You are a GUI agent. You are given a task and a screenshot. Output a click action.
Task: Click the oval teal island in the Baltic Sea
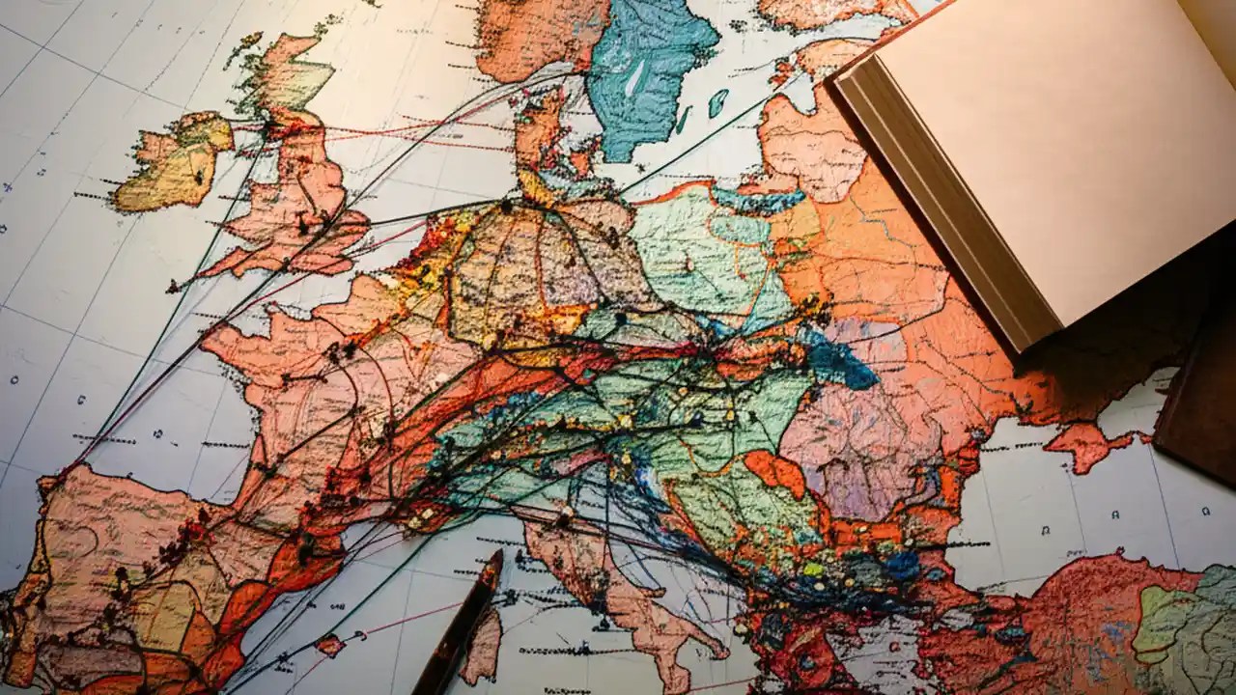[x=717, y=102]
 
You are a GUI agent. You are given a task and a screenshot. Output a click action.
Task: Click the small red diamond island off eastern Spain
[x=330, y=644]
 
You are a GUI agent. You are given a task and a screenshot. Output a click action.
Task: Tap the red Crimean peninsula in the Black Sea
[x=1086, y=444]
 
